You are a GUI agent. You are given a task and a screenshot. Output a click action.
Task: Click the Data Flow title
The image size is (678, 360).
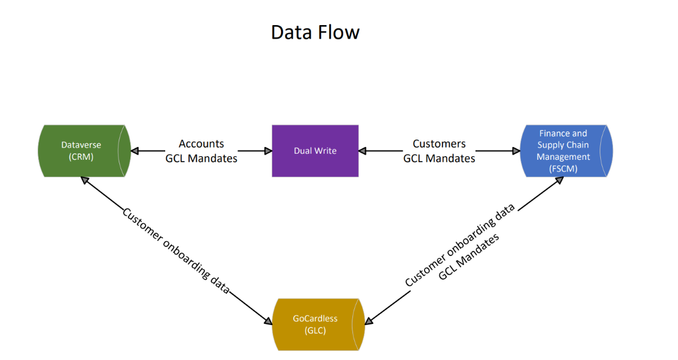click(x=315, y=32)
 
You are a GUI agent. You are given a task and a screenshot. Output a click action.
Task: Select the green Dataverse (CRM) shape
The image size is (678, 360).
click(x=84, y=151)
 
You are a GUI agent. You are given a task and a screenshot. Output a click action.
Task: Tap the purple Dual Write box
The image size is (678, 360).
click(x=315, y=151)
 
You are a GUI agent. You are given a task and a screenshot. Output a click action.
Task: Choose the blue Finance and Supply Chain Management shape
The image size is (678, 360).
click(x=567, y=151)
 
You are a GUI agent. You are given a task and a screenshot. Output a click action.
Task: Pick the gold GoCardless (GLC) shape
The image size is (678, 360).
click(x=318, y=324)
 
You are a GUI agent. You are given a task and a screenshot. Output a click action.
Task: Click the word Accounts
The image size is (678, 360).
click(x=201, y=144)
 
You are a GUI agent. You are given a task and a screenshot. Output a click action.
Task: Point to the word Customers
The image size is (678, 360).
click(x=439, y=144)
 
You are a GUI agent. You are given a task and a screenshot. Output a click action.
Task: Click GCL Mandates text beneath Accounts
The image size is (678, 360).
click(x=201, y=159)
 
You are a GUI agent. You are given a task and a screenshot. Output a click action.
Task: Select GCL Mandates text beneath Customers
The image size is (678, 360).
click(x=439, y=159)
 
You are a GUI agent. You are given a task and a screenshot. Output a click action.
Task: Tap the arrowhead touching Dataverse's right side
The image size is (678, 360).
click(x=135, y=151)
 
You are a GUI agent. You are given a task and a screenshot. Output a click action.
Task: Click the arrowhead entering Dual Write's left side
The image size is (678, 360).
click(x=268, y=151)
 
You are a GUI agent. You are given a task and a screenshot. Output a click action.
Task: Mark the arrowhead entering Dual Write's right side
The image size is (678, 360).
click(x=362, y=151)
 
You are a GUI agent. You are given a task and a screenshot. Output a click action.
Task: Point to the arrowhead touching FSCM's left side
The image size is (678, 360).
click(x=516, y=151)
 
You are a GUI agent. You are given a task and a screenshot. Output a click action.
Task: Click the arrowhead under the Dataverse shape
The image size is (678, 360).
click(x=85, y=181)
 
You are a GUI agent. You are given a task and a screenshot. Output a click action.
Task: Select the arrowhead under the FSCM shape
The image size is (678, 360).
click(x=559, y=181)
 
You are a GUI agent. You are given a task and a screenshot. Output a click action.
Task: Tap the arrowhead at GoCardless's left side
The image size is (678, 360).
click(x=268, y=321)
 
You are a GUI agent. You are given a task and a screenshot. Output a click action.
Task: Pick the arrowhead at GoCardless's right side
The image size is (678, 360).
click(x=369, y=321)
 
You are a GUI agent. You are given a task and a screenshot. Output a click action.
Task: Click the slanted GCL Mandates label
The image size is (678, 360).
click(x=469, y=257)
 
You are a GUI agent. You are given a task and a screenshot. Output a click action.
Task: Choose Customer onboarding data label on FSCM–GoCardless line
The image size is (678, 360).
click(x=460, y=244)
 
